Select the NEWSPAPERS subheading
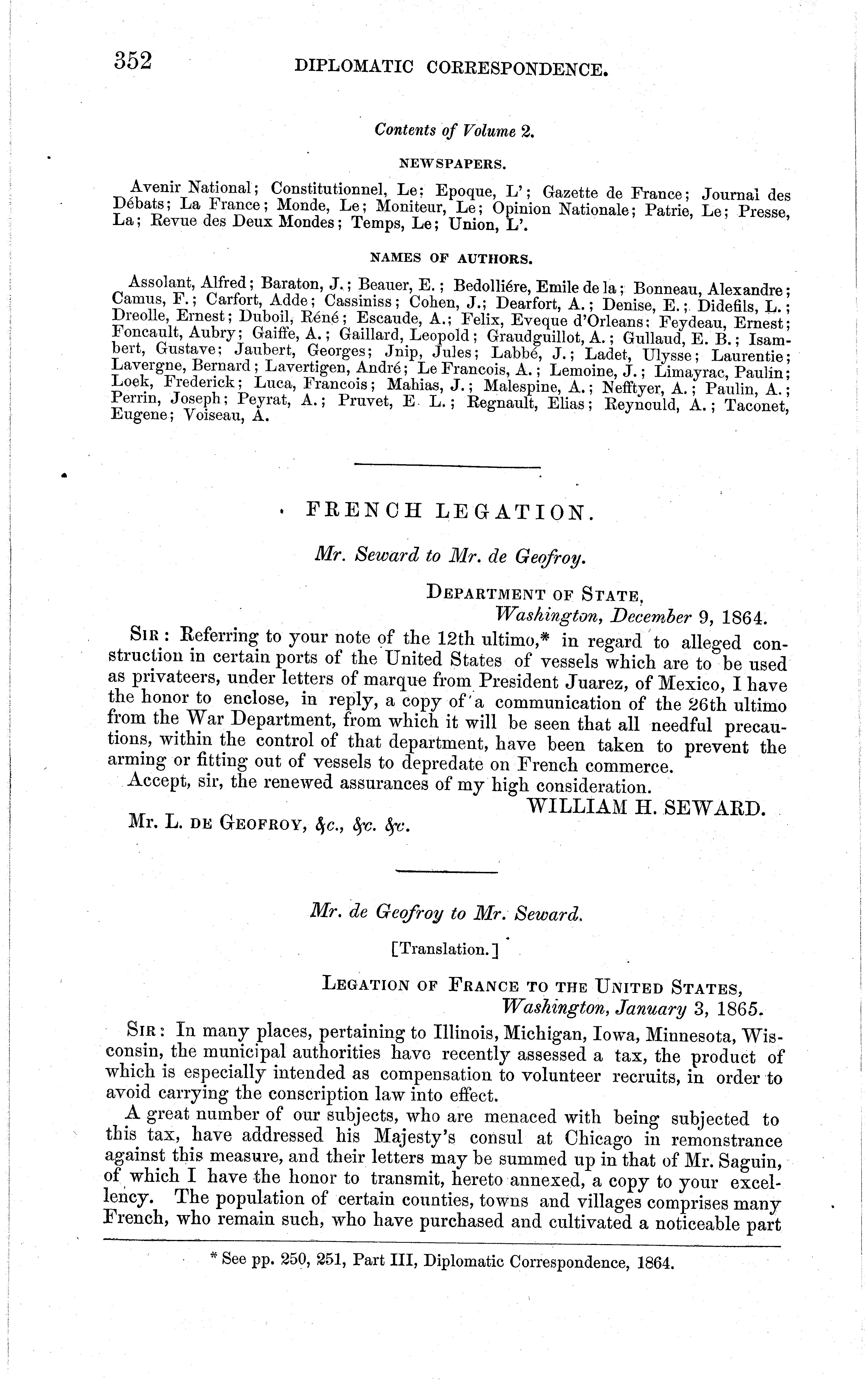click(x=452, y=164)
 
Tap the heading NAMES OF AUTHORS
click(x=452, y=259)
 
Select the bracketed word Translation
click(x=445, y=950)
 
